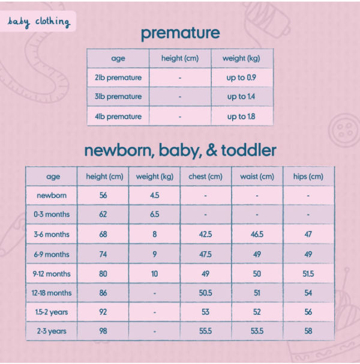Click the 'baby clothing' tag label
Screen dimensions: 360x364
(x=38, y=22)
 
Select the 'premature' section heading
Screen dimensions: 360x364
(x=181, y=34)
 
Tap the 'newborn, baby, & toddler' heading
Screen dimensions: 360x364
(x=180, y=151)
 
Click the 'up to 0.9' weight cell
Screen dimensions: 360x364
(x=241, y=77)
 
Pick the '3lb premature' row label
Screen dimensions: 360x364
(x=118, y=97)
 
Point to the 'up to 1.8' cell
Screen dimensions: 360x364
(x=241, y=117)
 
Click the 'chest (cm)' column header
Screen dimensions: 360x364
(x=206, y=177)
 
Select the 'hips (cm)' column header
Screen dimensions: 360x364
(x=308, y=177)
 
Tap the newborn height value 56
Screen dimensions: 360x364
(x=103, y=195)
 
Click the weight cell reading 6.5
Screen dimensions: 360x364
(x=154, y=214)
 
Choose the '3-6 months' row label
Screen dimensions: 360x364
(x=52, y=234)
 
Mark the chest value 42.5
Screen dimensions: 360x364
(x=206, y=234)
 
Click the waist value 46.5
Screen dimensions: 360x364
(x=257, y=234)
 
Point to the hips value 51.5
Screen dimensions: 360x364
(x=308, y=274)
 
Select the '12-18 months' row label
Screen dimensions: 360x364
(x=52, y=293)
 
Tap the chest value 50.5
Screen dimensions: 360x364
(x=206, y=293)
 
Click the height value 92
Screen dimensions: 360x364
(x=103, y=312)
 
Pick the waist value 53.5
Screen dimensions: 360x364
(x=257, y=331)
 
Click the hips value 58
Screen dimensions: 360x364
(x=308, y=331)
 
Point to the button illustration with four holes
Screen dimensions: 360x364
(x=344, y=130)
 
